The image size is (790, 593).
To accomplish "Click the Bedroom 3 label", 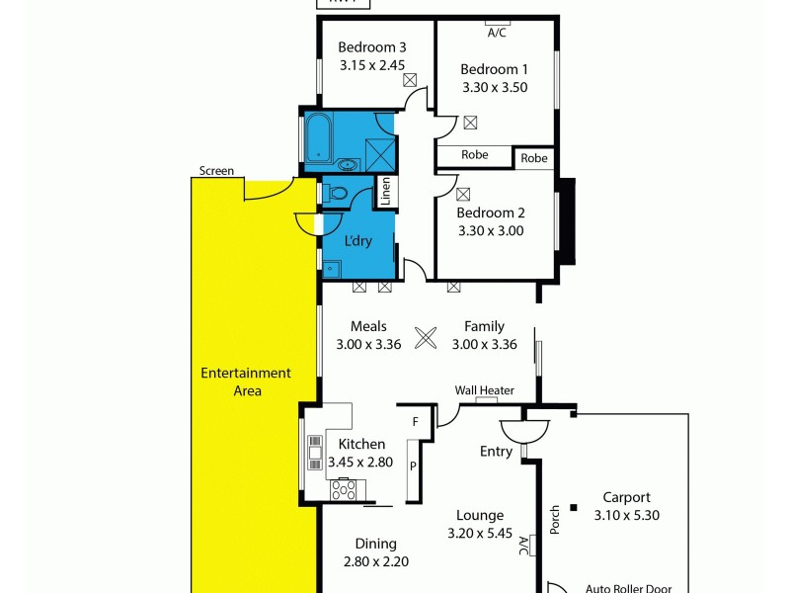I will [x=372, y=47].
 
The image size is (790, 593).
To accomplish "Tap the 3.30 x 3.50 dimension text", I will [x=495, y=87].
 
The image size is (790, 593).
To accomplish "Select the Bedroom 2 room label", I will [x=491, y=212].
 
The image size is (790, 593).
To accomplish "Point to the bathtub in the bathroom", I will [x=318, y=139].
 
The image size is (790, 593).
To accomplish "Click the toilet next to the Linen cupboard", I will [x=336, y=194].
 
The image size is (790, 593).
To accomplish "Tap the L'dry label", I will [x=357, y=240].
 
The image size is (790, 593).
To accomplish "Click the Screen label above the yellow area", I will [x=216, y=171].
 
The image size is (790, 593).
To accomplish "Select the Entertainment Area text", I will [x=246, y=381].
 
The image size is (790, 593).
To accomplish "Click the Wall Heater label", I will [x=484, y=390].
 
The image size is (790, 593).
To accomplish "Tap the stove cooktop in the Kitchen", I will [x=346, y=487].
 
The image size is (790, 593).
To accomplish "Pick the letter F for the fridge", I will [x=416, y=422].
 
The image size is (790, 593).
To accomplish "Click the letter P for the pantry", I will [x=413, y=464].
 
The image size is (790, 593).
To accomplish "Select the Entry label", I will [x=496, y=452].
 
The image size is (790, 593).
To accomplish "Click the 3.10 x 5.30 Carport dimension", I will [x=626, y=515].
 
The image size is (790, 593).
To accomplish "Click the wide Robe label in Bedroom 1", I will [x=475, y=155].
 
